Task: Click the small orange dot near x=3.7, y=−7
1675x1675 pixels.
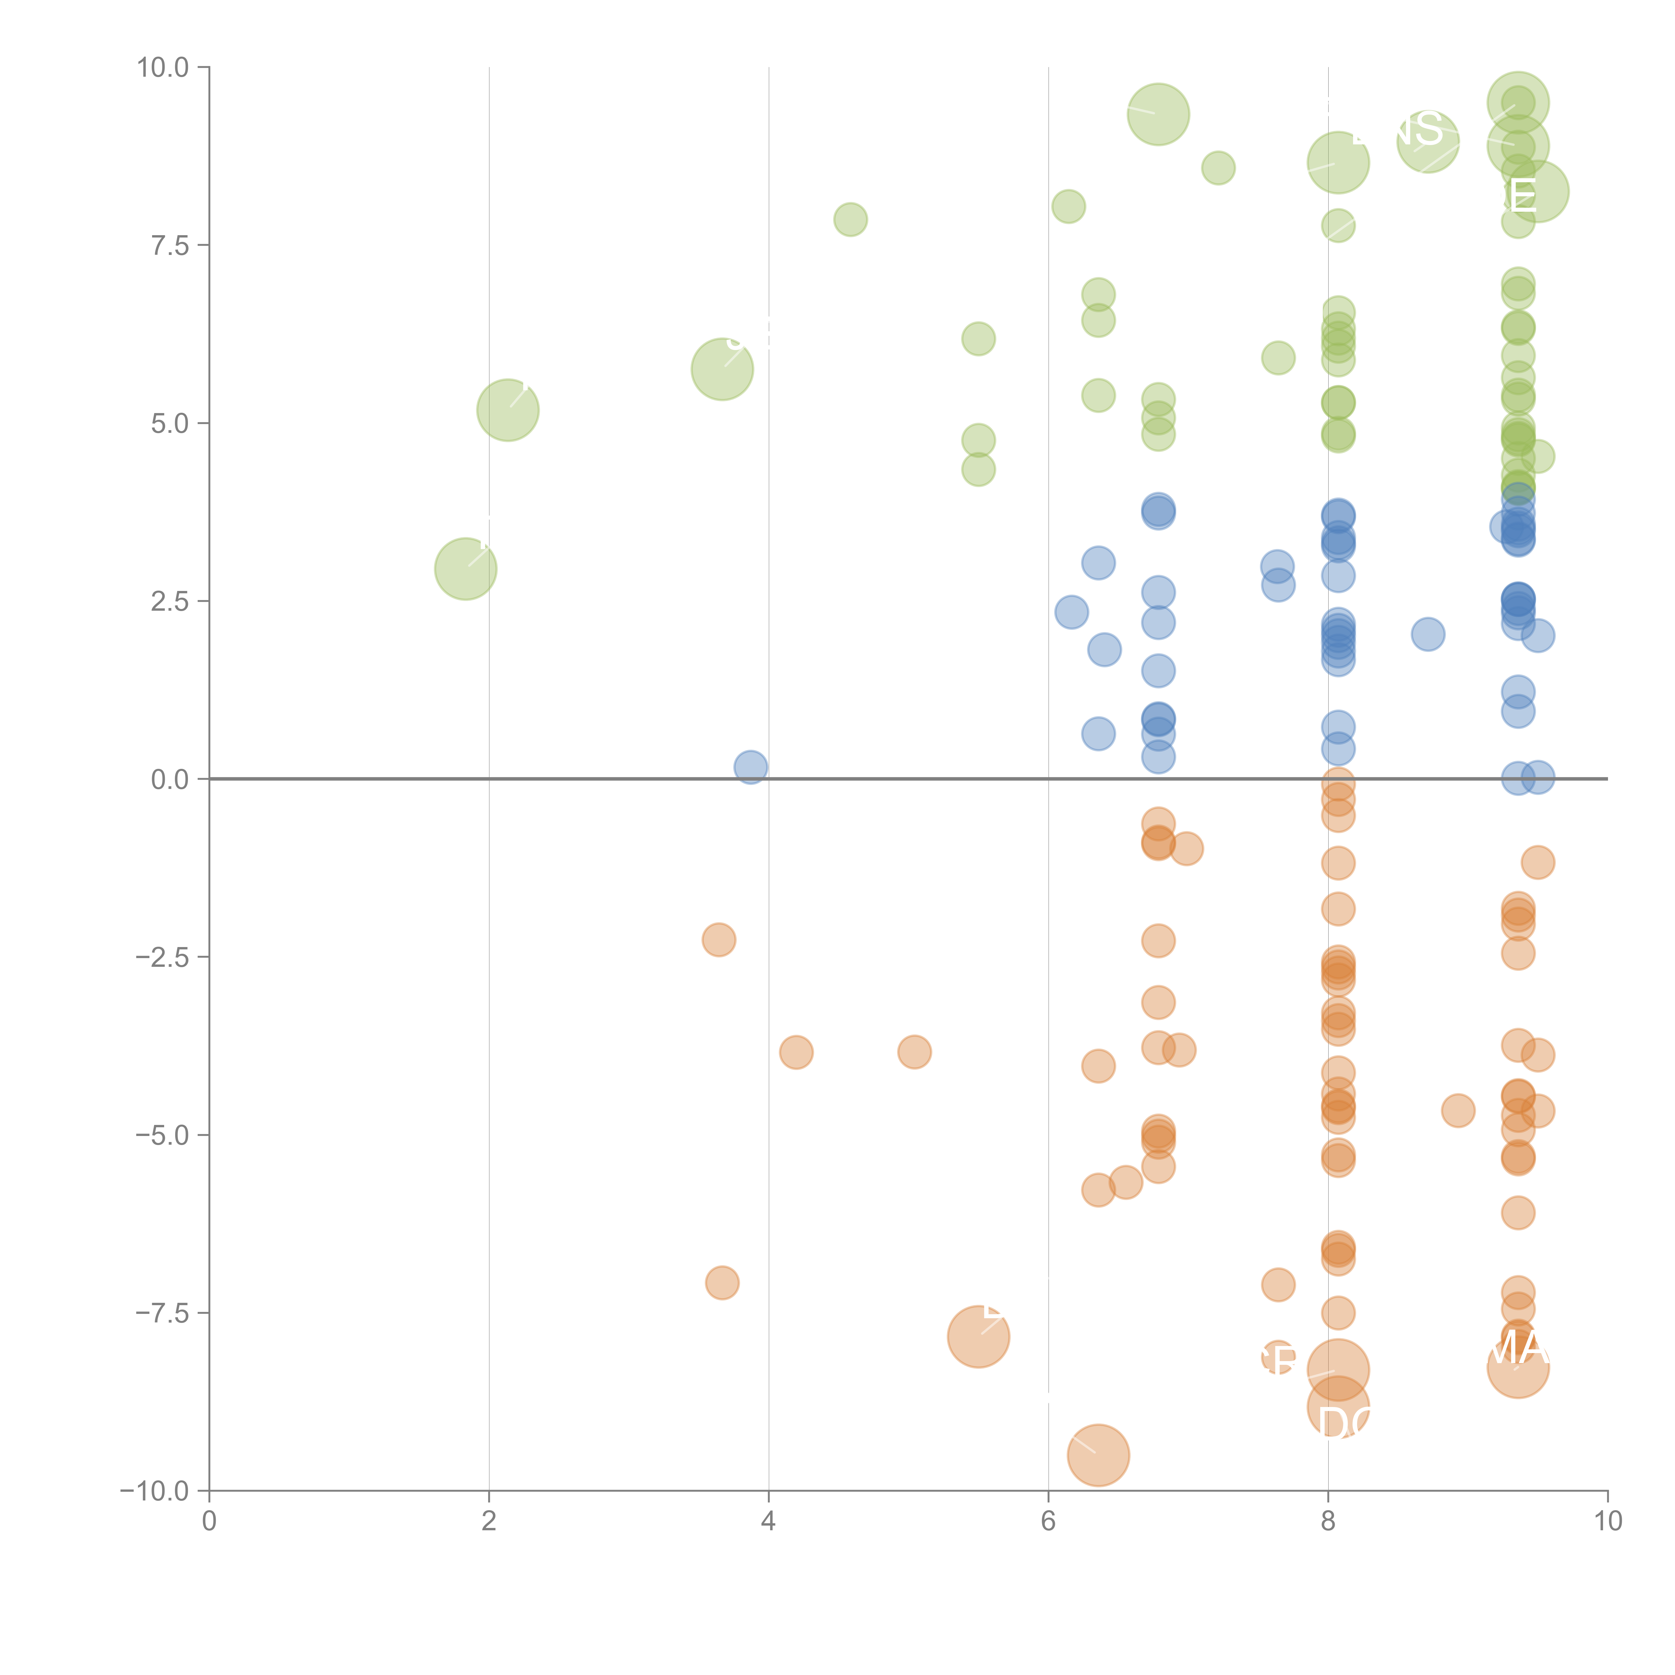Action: coord(722,1282)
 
